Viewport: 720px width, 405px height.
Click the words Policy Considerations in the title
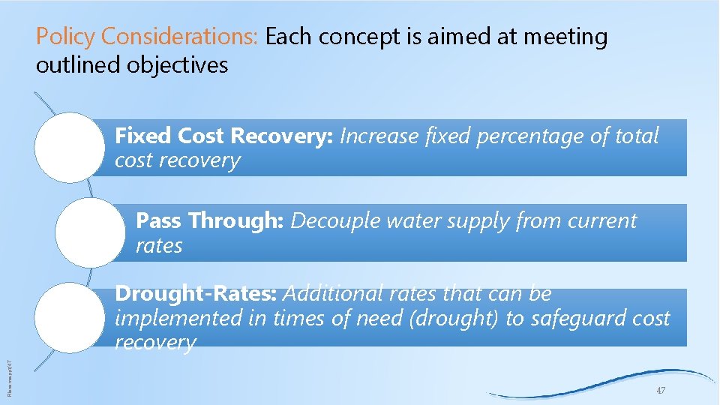(148, 36)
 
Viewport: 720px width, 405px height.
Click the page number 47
(660, 391)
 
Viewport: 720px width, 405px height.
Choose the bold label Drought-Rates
(197, 293)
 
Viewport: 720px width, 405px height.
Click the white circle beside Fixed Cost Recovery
(70, 147)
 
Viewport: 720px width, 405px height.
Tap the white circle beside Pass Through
(91, 232)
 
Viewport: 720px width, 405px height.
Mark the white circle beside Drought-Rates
(70, 316)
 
